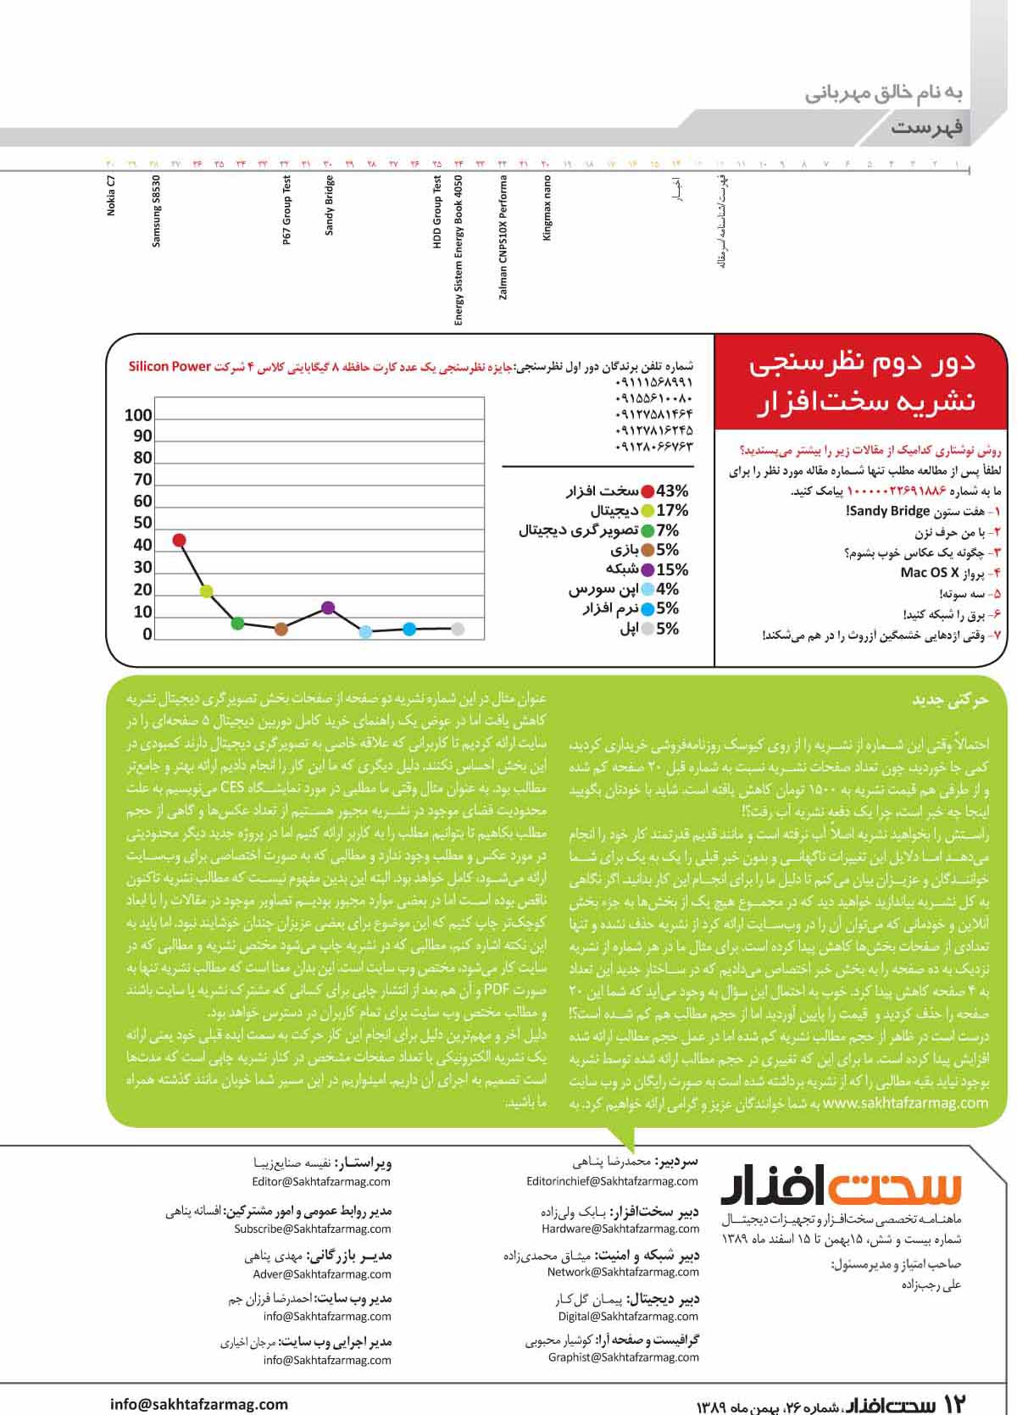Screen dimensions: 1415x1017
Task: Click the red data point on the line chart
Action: click(x=179, y=541)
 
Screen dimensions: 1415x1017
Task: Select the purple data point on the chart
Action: click(x=329, y=608)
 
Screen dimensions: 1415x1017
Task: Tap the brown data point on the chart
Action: click(x=281, y=629)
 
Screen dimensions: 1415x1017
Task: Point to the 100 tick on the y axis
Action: click(x=138, y=415)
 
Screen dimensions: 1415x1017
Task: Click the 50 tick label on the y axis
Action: click(x=142, y=523)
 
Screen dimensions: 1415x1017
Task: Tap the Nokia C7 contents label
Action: click(x=111, y=197)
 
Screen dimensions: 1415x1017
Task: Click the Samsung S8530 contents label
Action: click(x=156, y=212)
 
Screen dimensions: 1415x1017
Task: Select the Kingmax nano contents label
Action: click(x=547, y=208)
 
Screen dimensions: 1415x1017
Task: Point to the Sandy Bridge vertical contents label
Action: click(x=330, y=205)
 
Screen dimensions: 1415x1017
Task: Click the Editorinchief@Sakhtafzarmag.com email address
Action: click(x=612, y=1181)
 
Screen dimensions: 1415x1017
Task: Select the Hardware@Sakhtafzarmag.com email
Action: click(x=620, y=1229)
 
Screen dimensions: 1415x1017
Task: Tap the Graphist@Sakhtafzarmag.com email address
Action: click(x=623, y=1357)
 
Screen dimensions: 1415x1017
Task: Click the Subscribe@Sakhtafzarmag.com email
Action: click(x=313, y=1229)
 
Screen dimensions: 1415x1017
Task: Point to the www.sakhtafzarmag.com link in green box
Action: click(x=906, y=1103)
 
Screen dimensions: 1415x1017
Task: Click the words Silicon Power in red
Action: click(x=169, y=366)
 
